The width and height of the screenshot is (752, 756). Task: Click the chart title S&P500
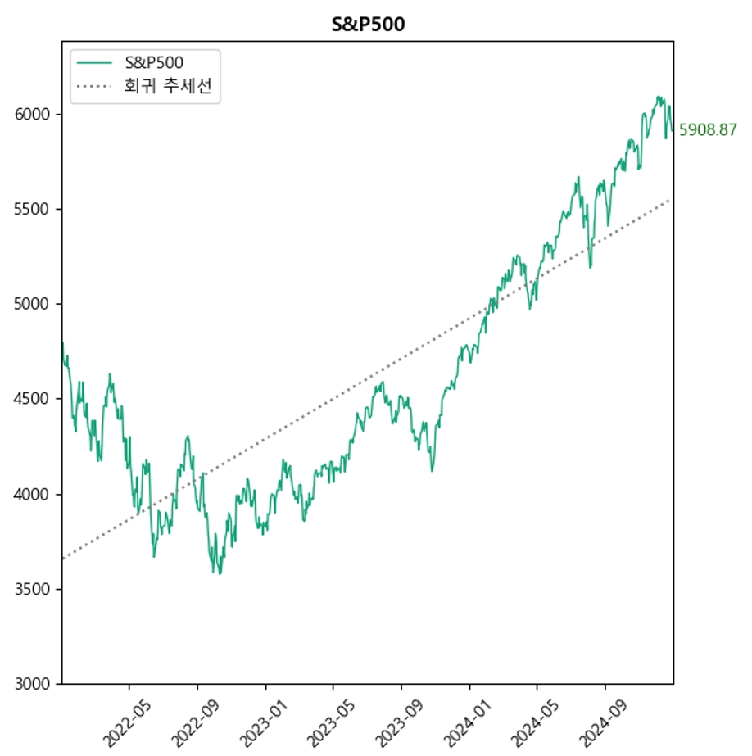[x=368, y=25]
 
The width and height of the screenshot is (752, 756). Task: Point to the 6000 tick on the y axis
[x=34, y=114]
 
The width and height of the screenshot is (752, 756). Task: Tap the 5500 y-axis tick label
[x=34, y=209]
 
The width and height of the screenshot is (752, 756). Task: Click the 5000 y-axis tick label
[x=34, y=304]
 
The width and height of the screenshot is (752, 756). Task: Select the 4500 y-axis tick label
[x=34, y=399]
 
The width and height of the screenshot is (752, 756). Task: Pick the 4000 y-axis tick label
[x=34, y=494]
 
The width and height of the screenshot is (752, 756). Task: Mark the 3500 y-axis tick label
[x=34, y=589]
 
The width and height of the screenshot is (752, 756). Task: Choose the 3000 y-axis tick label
[x=34, y=684]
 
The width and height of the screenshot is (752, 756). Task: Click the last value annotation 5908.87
[x=708, y=129]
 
